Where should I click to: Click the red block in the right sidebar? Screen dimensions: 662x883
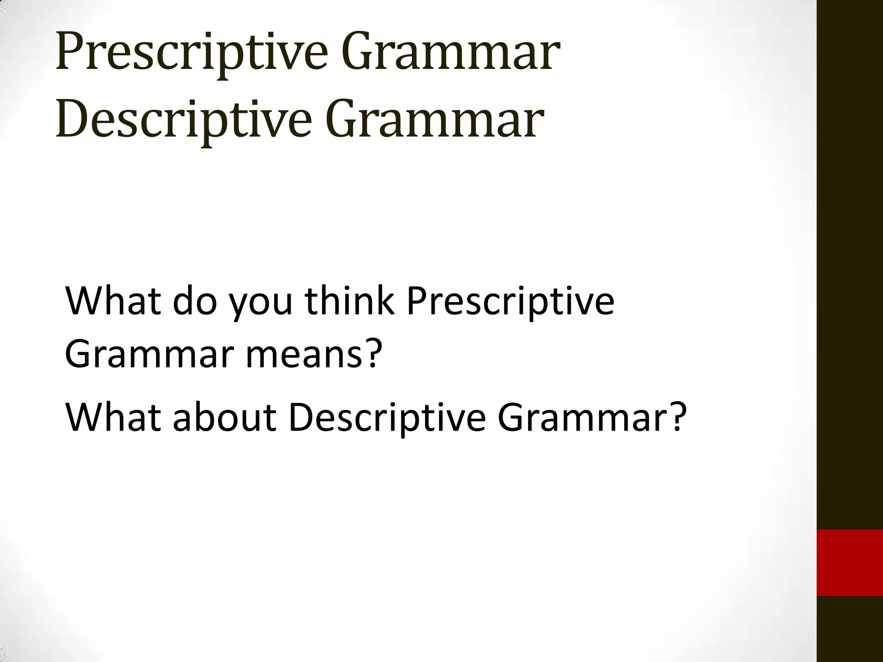(850, 562)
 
